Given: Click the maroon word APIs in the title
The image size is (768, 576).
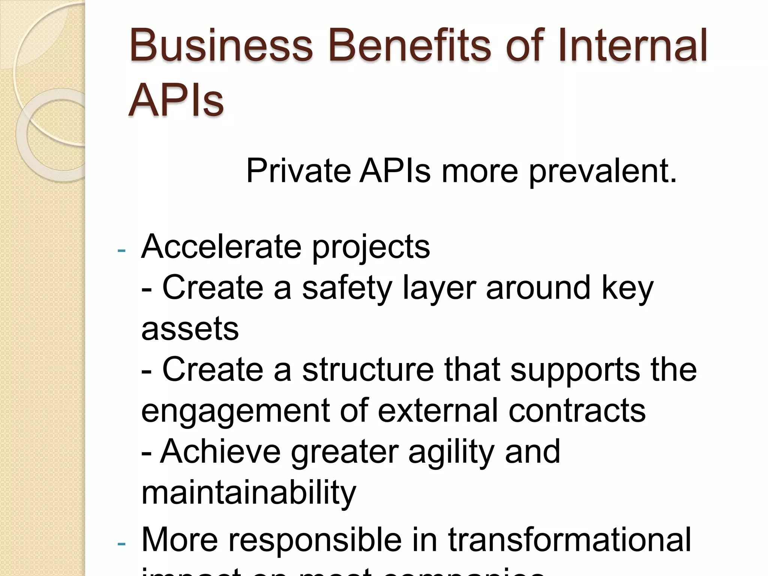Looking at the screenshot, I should point(176,100).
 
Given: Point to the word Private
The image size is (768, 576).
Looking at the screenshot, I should point(298,171).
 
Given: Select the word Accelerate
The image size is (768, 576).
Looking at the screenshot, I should point(221,247).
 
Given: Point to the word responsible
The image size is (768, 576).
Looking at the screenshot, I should point(328,540).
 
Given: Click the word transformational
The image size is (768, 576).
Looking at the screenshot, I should point(570,540).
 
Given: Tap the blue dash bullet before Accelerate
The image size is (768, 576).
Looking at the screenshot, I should point(121,250).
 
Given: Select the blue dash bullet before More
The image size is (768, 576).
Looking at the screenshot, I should point(121,544).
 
